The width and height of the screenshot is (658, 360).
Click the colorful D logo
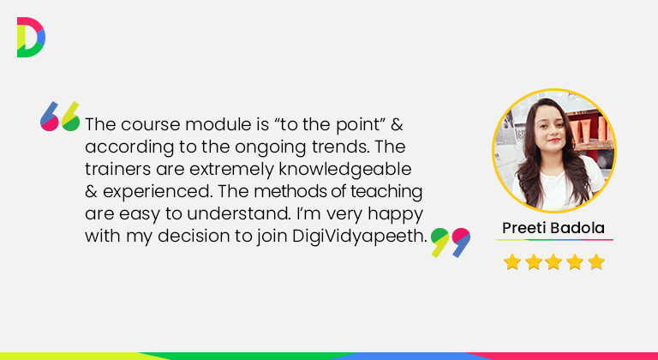click(31, 38)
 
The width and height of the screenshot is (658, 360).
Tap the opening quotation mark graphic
click(60, 117)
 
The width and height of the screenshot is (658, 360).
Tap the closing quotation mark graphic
click(451, 243)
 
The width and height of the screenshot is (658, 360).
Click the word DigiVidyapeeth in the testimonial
click(360, 237)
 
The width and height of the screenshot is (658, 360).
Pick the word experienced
click(157, 192)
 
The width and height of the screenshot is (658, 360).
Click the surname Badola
click(577, 228)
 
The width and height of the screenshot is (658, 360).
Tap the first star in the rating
click(512, 261)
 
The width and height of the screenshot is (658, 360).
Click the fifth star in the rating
click(596, 261)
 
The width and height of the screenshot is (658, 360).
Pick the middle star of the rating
click(554, 261)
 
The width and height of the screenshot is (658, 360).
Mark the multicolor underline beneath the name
click(554, 240)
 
